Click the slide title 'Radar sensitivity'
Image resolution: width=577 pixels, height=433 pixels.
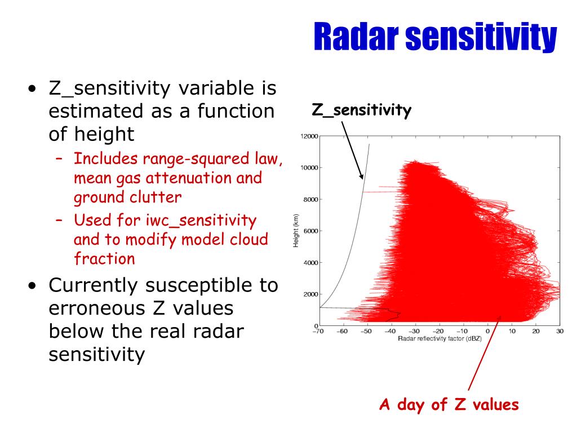436,37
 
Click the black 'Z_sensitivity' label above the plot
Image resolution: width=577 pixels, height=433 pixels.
361,110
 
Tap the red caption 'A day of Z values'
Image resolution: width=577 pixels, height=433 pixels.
449,404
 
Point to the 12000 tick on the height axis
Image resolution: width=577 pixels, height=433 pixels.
309,136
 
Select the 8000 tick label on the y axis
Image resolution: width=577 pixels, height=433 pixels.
310,200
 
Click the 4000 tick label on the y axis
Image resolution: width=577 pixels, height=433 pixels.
310,263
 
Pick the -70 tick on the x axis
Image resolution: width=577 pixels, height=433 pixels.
318,331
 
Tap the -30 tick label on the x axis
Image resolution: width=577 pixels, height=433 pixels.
414,331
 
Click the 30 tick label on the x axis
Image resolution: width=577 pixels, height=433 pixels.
560,331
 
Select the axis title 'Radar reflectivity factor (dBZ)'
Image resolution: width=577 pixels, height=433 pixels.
440,338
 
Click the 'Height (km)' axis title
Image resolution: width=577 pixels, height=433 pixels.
296,231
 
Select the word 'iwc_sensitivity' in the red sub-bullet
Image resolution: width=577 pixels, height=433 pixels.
201,220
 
